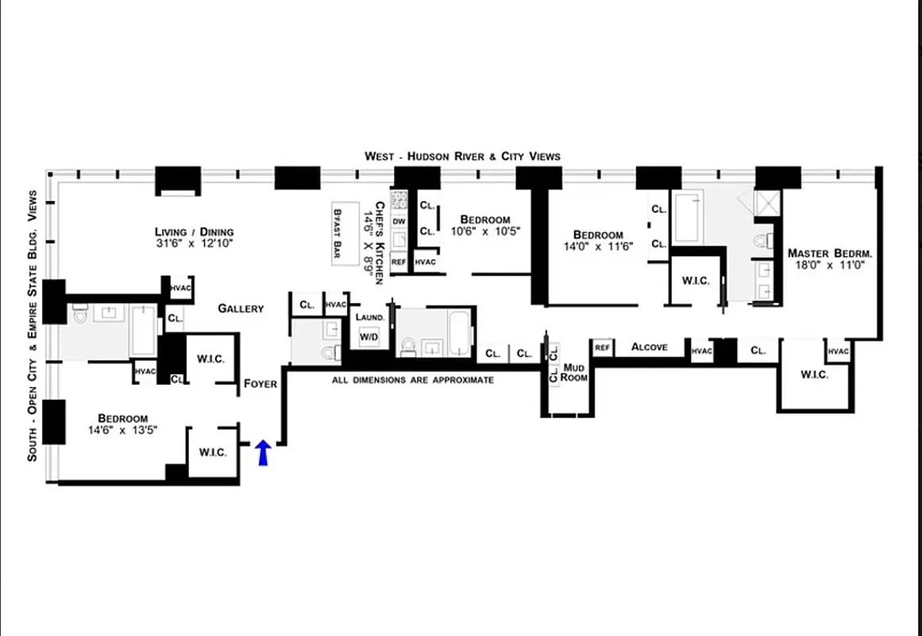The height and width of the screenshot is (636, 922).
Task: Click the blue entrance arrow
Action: coord(264,453)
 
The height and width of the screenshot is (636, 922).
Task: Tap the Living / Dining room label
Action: coord(195,232)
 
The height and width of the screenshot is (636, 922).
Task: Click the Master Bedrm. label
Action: coord(830,254)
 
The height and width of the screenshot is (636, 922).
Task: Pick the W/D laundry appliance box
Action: coord(369,335)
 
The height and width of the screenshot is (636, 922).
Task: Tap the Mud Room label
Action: coord(574,372)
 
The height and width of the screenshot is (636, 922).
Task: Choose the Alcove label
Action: coord(649,347)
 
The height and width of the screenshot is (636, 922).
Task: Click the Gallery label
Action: coord(241,308)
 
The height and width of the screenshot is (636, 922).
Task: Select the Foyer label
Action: coord(260,383)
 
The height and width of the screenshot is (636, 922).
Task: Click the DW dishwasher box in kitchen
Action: coord(399,221)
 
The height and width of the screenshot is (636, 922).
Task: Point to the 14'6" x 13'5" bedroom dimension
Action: coord(123,431)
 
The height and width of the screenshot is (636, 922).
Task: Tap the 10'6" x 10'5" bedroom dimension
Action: coord(484,232)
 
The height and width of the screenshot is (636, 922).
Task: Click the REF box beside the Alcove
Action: coord(602,347)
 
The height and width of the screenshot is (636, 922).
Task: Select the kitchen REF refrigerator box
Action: coord(399,261)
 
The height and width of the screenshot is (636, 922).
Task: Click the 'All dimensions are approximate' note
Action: coord(412,380)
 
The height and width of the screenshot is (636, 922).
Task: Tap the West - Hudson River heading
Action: coord(462,156)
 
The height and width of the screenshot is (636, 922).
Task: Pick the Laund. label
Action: coord(370,316)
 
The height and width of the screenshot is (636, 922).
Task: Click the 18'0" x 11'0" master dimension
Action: coord(830,266)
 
